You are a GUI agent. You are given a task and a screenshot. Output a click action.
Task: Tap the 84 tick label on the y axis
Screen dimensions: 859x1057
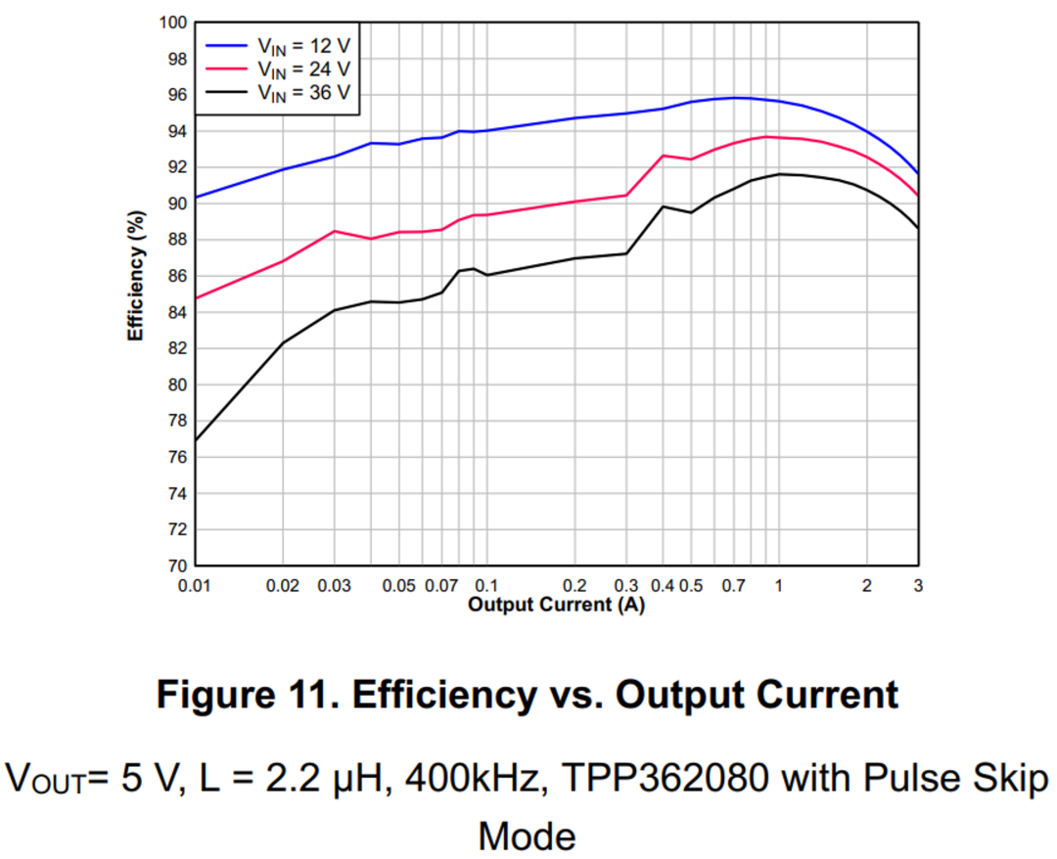pyautogui.click(x=177, y=312)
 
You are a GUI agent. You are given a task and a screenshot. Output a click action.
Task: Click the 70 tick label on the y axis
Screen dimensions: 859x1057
pyautogui.click(x=177, y=565)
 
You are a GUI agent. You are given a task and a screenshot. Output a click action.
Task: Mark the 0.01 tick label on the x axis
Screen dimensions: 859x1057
pyautogui.click(x=195, y=585)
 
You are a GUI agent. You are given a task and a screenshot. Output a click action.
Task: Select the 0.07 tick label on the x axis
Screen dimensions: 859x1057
pyautogui.click(x=441, y=585)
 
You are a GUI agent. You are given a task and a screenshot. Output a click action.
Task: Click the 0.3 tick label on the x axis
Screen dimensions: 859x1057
pyautogui.click(x=626, y=585)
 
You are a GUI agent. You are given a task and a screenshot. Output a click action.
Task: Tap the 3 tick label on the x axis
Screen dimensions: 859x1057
pyautogui.click(x=917, y=585)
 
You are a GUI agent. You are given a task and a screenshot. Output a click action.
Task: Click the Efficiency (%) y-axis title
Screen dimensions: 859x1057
pyautogui.click(x=137, y=277)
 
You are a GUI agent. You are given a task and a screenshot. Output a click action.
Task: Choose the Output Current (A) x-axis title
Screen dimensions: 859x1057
pyautogui.click(x=556, y=605)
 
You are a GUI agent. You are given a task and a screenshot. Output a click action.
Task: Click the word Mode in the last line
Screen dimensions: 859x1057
pyautogui.click(x=527, y=835)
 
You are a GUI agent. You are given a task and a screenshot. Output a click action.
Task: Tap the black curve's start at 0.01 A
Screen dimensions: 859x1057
pyautogui.click(x=196, y=440)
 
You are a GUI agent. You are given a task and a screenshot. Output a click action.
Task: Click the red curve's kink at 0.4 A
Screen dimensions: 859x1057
pyautogui.click(x=663, y=156)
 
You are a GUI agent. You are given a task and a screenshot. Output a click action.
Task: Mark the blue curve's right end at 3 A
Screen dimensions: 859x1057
pyautogui.click(x=917, y=173)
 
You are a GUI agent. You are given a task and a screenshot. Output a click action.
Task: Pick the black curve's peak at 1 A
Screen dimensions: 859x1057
pyautogui.click(x=780, y=174)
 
